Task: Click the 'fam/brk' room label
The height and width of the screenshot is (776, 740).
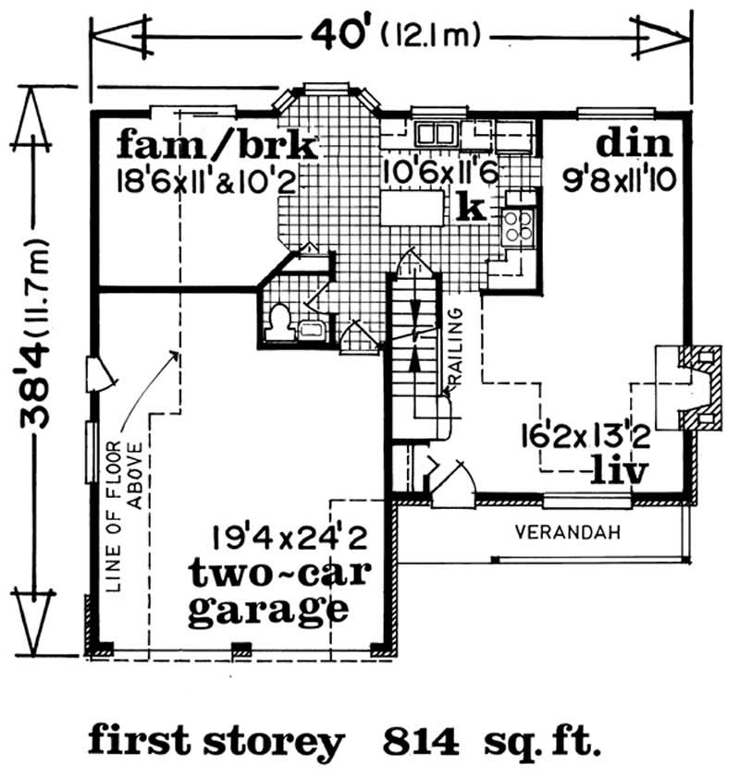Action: (218, 147)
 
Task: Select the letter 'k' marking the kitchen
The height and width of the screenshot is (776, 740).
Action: (472, 207)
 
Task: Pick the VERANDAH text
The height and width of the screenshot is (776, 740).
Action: (566, 533)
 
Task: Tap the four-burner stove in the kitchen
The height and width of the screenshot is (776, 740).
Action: (518, 224)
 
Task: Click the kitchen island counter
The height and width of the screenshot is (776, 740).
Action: (414, 210)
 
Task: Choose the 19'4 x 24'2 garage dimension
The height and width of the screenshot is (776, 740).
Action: (290, 536)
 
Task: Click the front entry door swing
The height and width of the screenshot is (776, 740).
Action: (453, 481)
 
